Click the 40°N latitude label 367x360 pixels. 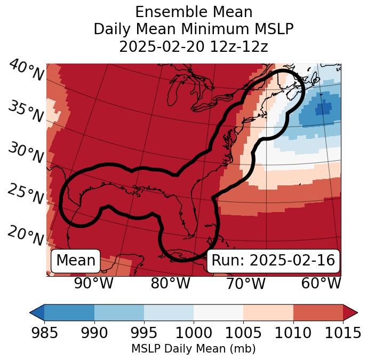click(x=26, y=71)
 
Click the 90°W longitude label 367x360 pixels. click(x=93, y=284)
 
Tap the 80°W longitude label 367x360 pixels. click(x=170, y=284)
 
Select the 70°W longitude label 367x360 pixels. click(x=245, y=284)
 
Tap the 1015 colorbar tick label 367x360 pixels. click(x=342, y=333)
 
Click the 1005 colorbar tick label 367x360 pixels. click(x=243, y=333)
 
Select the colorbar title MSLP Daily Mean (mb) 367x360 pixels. click(x=193, y=349)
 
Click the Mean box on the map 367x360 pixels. click(x=76, y=261)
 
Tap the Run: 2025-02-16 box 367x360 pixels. click(x=273, y=261)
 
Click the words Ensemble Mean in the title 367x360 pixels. click(x=194, y=12)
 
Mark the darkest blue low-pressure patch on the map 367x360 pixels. click(x=323, y=108)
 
